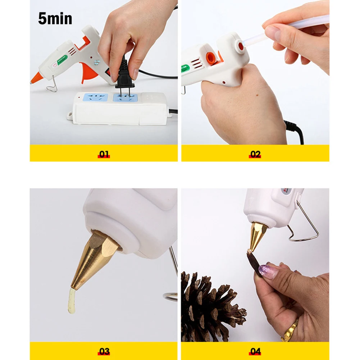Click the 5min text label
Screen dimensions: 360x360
pyautogui.click(x=55, y=19)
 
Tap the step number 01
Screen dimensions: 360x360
pyautogui.click(x=104, y=154)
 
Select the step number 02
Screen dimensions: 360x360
pyautogui.click(x=255, y=154)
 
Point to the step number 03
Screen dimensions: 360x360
pyautogui.click(x=104, y=351)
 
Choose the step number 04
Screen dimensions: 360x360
pyautogui.click(x=255, y=351)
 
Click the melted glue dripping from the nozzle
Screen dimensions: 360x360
pyautogui.click(x=72, y=302)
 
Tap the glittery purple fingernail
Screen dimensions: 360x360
pyautogui.click(x=268, y=272)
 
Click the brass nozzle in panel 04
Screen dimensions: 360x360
pyautogui.click(x=258, y=236)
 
